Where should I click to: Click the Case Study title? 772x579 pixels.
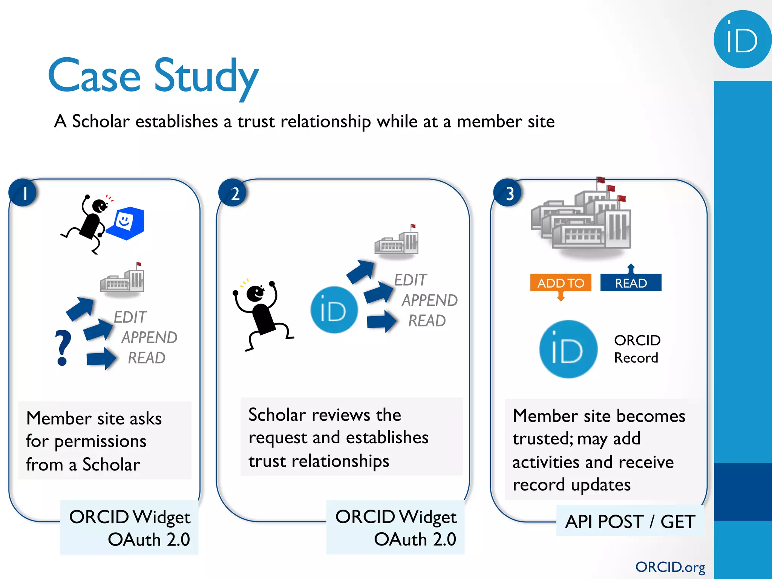tap(153, 77)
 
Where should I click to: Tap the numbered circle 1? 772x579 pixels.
tap(23, 193)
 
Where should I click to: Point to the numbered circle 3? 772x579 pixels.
tap(508, 193)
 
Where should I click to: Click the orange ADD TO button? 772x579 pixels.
tap(561, 283)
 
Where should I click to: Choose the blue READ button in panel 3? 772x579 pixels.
tap(631, 283)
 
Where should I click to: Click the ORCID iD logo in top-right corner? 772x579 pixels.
tap(742, 40)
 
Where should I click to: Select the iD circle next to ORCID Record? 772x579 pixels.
tap(568, 349)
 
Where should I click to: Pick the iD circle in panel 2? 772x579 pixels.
tap(334, 310)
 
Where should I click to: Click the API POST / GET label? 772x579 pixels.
tap(630, 522)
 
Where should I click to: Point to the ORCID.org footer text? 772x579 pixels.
tap(670, 567)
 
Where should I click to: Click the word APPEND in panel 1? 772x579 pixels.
tap(149, 337)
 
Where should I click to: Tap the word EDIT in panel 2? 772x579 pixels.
tap(410, 280)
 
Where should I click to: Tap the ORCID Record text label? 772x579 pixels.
tap(637, 349)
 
